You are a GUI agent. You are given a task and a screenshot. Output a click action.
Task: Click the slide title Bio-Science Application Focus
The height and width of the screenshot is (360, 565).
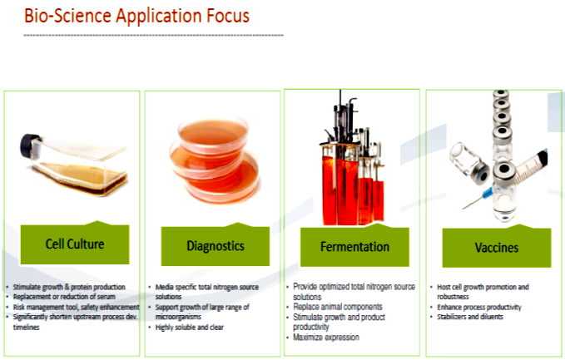point(136,16)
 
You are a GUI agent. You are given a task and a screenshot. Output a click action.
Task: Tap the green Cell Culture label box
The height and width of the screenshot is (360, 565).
point(75,244)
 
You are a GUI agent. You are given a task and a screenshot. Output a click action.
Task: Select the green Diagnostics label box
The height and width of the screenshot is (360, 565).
point(216,246)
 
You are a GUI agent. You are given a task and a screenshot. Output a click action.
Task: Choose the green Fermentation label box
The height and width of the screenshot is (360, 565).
point(354,247)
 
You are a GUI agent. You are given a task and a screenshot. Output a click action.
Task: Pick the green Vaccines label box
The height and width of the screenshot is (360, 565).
point(497,247)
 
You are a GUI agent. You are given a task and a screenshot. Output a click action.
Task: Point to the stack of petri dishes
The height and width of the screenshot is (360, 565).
point(214,160)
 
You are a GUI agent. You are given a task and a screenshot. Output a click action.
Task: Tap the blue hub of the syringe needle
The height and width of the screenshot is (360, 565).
point(487,194)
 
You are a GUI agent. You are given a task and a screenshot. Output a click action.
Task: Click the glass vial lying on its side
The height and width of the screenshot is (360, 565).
point(468,163)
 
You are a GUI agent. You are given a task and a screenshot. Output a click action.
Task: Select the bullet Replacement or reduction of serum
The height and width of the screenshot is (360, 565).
point(64,297)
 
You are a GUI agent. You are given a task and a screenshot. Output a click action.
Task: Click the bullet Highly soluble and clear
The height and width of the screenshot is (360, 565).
point(189,328)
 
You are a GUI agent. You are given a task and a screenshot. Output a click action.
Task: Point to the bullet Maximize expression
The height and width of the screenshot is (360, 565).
point(326,338)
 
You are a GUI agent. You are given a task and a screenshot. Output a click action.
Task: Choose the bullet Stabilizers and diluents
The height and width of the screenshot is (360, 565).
point(470,317)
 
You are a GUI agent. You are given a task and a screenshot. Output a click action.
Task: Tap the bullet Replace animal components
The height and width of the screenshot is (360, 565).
point(338,307)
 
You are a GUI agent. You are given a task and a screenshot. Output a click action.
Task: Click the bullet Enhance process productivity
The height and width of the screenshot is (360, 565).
point(479,308)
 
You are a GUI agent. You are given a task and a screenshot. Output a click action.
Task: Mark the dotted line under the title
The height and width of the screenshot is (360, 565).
point(153,35)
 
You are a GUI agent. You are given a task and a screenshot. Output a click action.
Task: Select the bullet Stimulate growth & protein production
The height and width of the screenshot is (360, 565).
point(69,287)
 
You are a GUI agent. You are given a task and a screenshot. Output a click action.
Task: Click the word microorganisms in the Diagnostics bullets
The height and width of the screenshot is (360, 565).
point(178,317)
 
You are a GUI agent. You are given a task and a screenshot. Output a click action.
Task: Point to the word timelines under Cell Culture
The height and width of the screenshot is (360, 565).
point(27,328)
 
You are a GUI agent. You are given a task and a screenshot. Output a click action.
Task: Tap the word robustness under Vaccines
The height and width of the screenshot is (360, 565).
point(453,297)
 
